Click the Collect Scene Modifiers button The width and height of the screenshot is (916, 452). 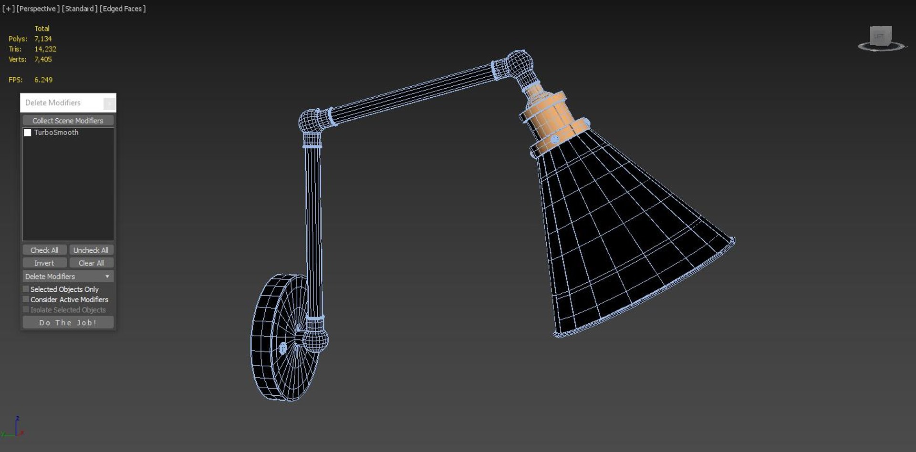pos(68,121)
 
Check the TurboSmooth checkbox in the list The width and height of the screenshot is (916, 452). pos(28,133)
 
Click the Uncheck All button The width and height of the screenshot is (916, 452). pos(91,250)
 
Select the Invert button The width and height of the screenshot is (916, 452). pos(44,263)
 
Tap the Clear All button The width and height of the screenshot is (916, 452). pos(91,263)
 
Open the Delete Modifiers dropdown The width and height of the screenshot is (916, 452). pos(68,276)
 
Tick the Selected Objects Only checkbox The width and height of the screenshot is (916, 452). pos(26,289)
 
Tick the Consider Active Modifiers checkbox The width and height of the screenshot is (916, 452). pos(26,299)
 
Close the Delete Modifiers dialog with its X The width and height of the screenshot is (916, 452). pos(109,103)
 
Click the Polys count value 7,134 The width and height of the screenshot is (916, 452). pos(43,39)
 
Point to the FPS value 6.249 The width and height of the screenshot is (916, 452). pos(43,80)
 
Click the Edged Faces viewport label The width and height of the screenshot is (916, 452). pos(123,9)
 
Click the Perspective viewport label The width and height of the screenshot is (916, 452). pos(38,9)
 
